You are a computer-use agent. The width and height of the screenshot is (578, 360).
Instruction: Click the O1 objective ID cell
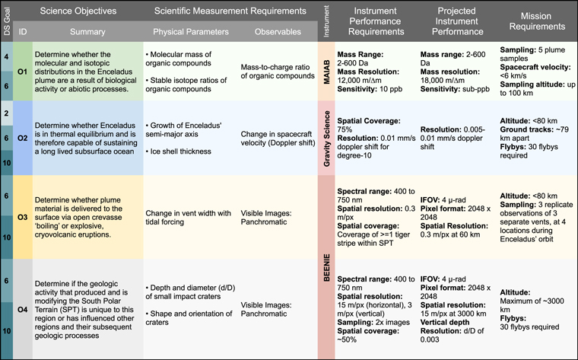tap(23, 72)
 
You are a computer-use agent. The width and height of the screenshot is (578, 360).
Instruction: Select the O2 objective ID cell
tap(23, 139)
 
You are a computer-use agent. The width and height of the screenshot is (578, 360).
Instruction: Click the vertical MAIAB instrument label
tap(324, 72)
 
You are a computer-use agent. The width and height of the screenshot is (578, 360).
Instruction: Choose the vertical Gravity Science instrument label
tap(324, 139)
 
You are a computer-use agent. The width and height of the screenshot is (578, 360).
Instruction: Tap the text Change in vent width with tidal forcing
tap(189, 216)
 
